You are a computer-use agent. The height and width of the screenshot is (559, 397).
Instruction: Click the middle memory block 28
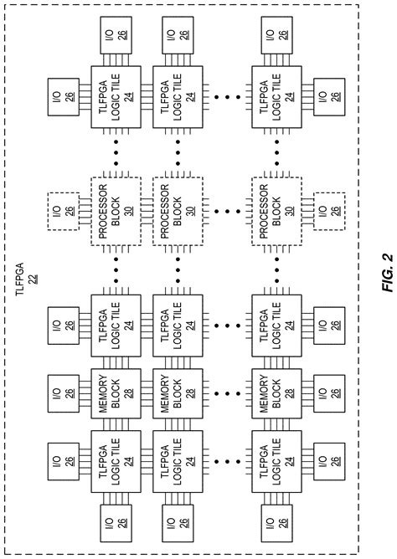(x=178, y=392)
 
